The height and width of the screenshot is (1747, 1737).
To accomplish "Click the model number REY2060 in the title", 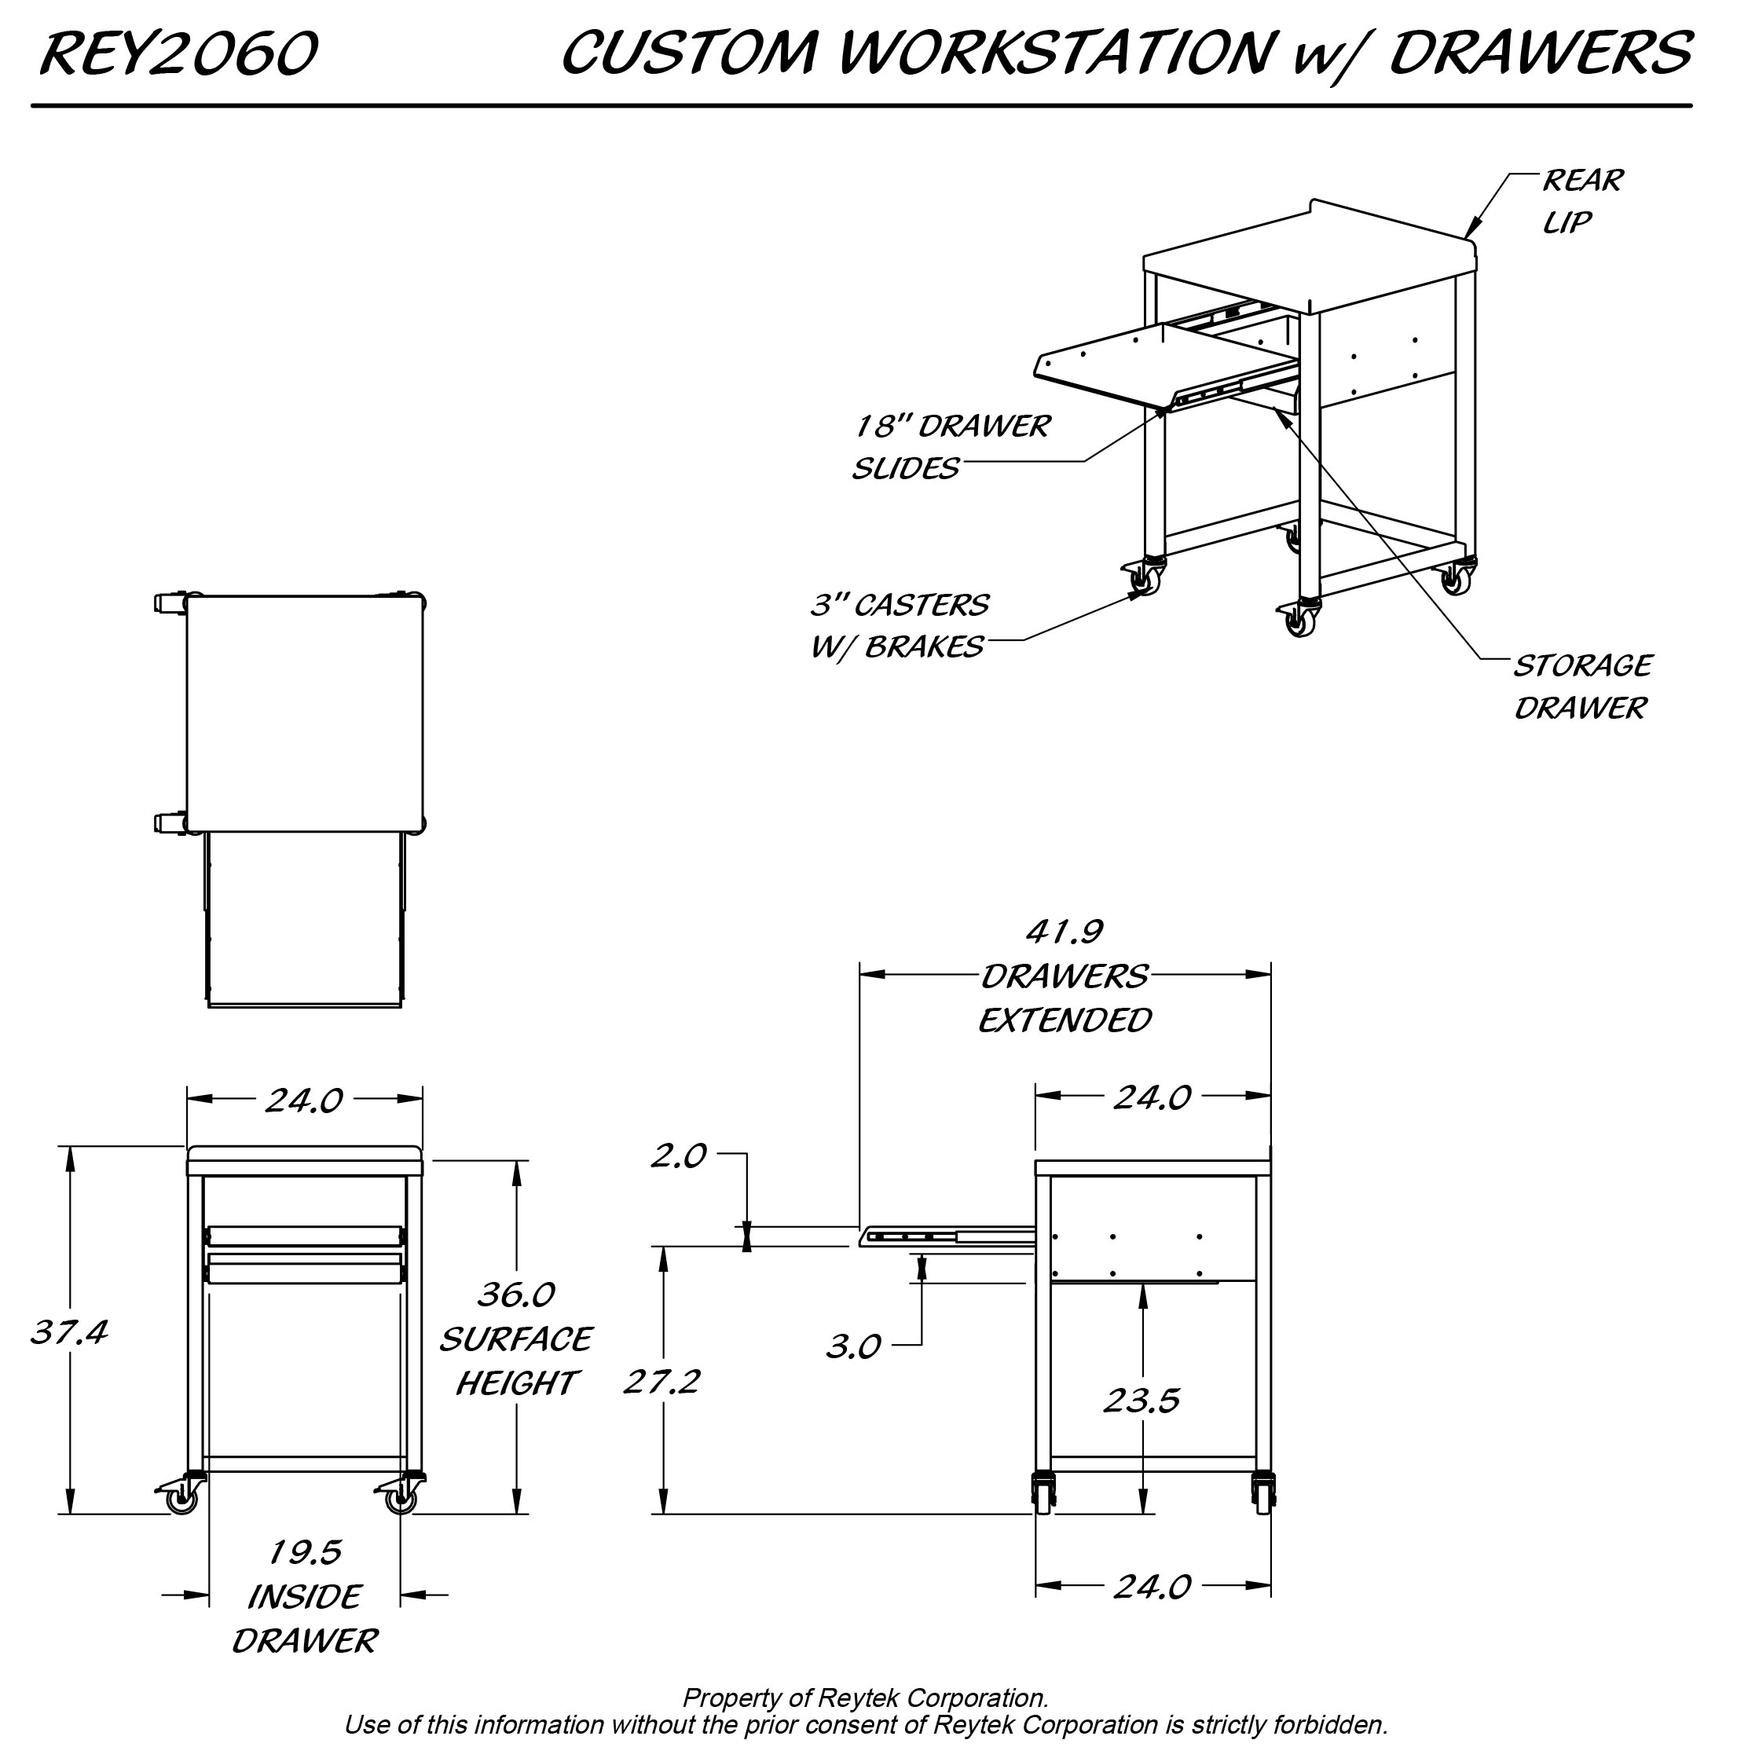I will tap(178, 53).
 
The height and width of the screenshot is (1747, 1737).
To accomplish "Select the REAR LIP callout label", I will tap(1581, 201).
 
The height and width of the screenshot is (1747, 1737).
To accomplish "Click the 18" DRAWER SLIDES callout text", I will tap(951, 447).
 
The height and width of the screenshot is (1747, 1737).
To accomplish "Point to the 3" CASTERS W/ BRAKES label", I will tap(899, 624).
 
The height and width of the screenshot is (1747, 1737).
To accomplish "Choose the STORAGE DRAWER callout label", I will tap(1581, 687).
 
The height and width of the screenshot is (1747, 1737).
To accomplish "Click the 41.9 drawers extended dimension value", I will tap(1065, 932).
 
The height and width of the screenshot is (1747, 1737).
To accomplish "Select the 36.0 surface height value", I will tap(515, 1295).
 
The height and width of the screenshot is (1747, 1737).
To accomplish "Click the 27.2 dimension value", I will tap(661, 1382).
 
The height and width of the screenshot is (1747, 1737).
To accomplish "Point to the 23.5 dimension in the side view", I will tap(1142, 1401).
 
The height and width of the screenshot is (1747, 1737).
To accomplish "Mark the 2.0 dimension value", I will tap(678, 1156).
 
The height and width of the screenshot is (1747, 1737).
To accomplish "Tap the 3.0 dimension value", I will tap(852, 1347).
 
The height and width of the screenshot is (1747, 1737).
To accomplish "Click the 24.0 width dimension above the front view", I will tap(304, 1100).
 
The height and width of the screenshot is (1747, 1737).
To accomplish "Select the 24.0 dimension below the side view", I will tap(1151, 1586).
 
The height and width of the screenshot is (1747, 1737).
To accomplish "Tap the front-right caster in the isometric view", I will tap(1300, 621).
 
